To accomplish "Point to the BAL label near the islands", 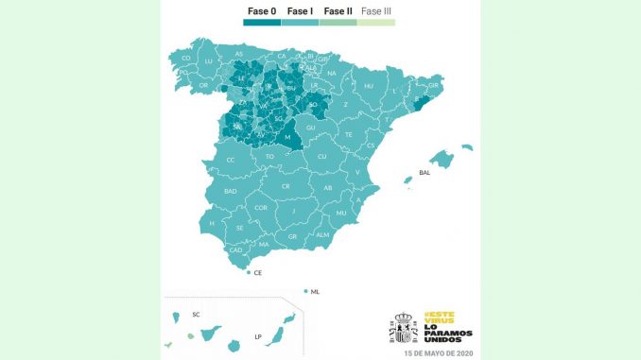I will pyautogui.click(x=424, y=173).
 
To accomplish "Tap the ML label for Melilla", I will pyautogui.click(x=316, y=292).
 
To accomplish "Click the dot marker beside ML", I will pyautogui.click(x=306, y=291).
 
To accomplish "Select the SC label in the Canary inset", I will pyautogui.click(x=196, y=313).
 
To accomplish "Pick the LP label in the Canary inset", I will pyautogui.click(x=257, y=335).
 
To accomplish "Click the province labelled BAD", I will pyautogui.click(x=230, y=190).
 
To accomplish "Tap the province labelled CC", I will pyautogui.click(x=231, y=160).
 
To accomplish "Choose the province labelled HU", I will pyautogui.click(x=369, y=86).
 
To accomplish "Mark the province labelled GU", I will pyautogui.click(x=311, y=127).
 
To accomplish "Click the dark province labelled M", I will pyautogui.click(x=286, y=137).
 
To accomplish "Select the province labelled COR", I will pyautogui.click(x=261, y=207).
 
